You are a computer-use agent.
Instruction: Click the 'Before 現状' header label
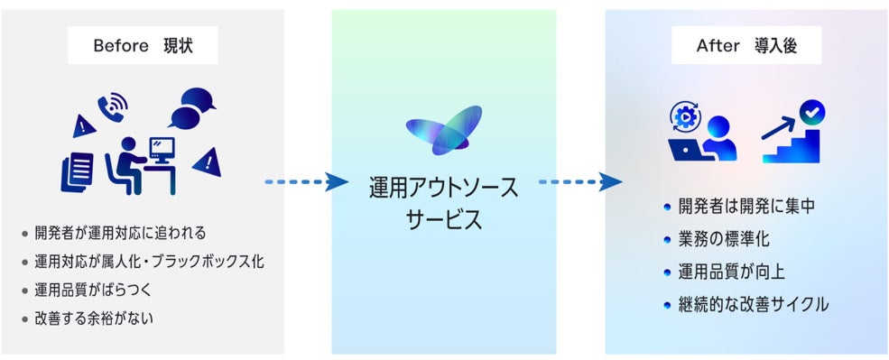pyautogui.click(x=143, y=46)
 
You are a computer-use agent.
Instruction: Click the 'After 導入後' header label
pyautogui.click(x=746, y=46)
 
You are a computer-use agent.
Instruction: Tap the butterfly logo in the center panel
pyautogui.click(x=444, y=130)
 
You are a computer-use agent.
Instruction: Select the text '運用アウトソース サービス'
pyautogui.click(x=444, y=204)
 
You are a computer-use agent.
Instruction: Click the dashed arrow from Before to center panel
pyautogui.click(x=306, y=182)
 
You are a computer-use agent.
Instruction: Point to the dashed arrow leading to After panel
pyautogui.click(x=580, y=182)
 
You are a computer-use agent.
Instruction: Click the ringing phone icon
pyautogui.click(x=112, y=106)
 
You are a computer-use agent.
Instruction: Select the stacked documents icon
pyautogui.click(x=77, y=171)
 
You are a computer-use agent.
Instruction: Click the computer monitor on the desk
pyautogui.click(x=162, y=152)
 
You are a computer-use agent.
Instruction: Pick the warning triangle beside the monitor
pyautogui.click(x=207, y=162)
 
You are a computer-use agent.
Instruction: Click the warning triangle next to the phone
pyautogui.click(x=84, y=125)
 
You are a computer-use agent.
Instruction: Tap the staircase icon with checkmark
pyautogui.click(x=793, y=133)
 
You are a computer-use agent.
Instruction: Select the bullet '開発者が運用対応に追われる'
pyautogui.click(x=114, y=233)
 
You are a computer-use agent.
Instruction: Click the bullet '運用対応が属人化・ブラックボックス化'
pyautogui.click(x=143, y=262)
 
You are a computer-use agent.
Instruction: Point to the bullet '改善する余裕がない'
pyautogui.click(x=88, y=319)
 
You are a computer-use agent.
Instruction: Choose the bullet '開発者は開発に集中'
pyautogui.click(x=739, y=207)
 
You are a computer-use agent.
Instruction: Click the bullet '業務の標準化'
pyautogui.click(x=717, y=239)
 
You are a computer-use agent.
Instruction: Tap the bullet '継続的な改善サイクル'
pyautogui.click(x=746, y=305)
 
